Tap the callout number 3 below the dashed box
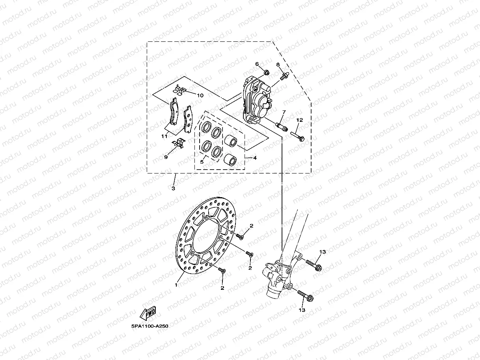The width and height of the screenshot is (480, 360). (174, 188)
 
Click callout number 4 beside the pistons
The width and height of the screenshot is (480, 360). (255, 158)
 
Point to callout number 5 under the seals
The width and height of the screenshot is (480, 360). (202, 162)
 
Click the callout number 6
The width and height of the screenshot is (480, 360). (257, 64)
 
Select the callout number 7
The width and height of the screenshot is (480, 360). (283, 112)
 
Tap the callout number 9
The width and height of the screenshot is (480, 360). (166, 157)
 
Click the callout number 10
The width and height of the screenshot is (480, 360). (200, 95)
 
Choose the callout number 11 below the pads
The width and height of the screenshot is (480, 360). (164, 136)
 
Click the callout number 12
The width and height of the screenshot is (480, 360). (300, 120)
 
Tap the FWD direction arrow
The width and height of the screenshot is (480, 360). (148, 313)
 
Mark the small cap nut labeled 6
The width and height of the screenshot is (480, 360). (266, 73)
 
